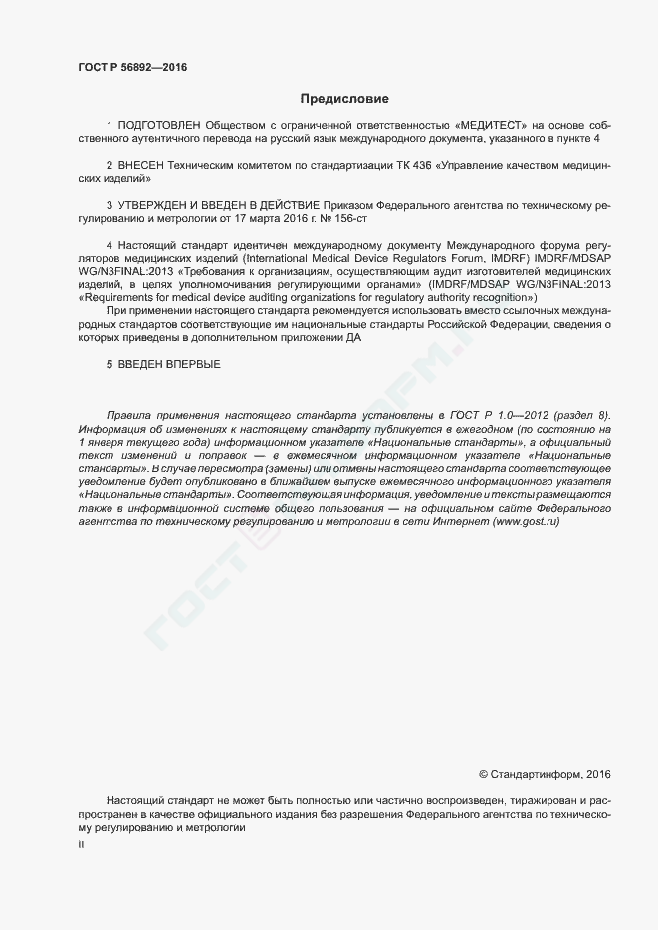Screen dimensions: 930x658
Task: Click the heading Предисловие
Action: point(344,99)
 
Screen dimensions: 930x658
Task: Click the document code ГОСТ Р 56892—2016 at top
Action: point(132,67)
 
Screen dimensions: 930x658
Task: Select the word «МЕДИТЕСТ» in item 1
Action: point(490,126)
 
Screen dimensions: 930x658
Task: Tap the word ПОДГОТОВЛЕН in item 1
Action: point(158,126)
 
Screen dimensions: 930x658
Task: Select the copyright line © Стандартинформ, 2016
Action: point(545,773)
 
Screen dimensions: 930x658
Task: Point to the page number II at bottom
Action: point(81,844)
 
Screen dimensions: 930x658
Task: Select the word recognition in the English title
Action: point(502,297)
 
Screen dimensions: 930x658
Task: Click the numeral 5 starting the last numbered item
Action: point(110,364)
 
